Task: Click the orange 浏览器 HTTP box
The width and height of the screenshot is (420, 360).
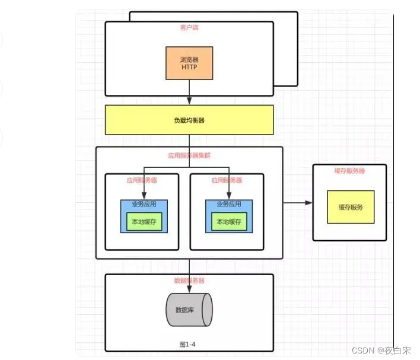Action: (x=189, y=63)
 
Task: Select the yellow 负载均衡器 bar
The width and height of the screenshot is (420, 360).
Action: (x=189, y=120)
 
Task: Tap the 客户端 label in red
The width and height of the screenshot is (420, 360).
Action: (x=189, y=27)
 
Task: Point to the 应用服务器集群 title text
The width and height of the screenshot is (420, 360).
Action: (x=189, y=156)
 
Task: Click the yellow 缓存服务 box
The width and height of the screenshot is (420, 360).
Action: (x=351, y=207)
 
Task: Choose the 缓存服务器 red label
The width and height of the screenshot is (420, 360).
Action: (x=349, y=171)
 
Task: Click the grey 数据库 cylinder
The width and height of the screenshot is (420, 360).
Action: (x=189, y=310)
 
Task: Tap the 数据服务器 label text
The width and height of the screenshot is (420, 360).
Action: (x=189, y=280)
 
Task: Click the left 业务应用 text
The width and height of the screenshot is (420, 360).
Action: (x=144, y=205)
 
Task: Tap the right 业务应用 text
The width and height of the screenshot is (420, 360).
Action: (x=229, y=205)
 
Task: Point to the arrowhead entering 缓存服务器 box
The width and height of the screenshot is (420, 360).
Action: (x=308, y=203)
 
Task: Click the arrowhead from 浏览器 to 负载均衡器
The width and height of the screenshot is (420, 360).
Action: (x=189, y=101)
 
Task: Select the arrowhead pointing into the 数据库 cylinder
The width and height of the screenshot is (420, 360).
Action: (x=189, y=289)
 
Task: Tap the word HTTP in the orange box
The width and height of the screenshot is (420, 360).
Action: (x=189, y=68)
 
